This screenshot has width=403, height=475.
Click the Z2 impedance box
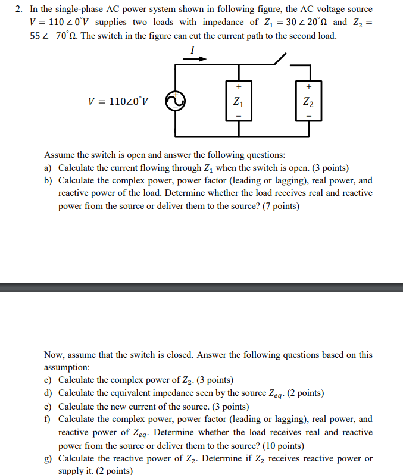(x=308, y=101)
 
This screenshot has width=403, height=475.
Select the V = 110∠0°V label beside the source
(x=118, y=101)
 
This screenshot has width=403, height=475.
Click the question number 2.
(x=20, y=10)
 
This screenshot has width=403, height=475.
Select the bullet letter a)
(x=48, y=168)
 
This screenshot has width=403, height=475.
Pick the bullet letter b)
(x=48, y=180)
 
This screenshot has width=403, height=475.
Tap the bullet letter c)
(x=48, y=380)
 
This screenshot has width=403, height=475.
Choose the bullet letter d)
(x=48, y=393)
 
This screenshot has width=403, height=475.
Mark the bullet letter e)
(x=48, y=407)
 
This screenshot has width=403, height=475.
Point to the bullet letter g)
(x=48, y=458)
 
